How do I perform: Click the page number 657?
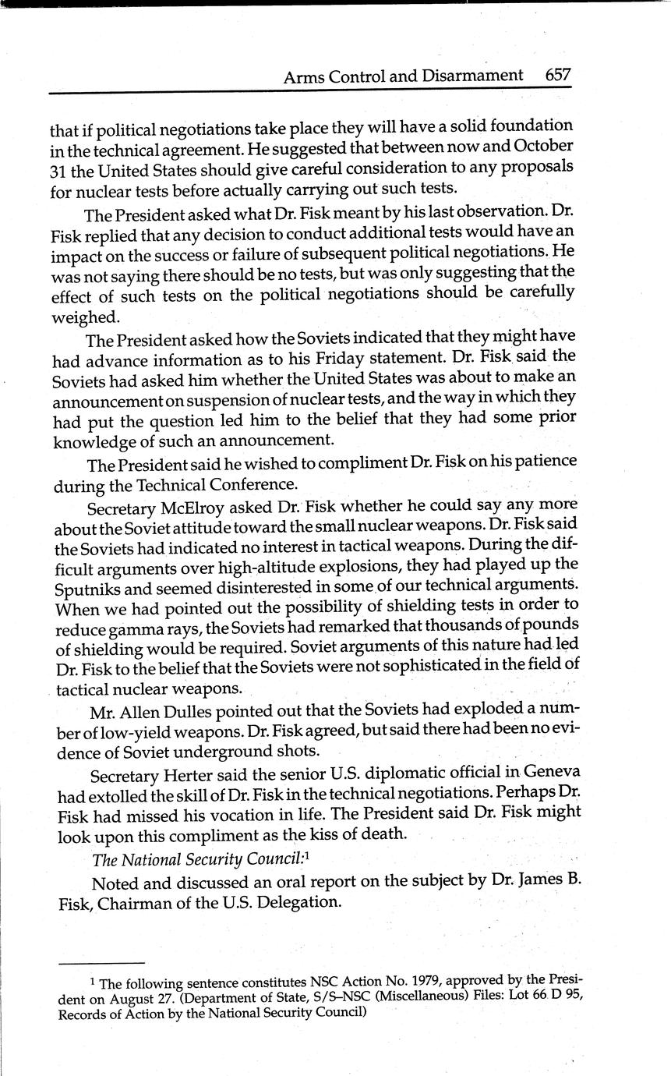558,76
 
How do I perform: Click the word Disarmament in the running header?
471,76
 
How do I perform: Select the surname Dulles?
195,712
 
